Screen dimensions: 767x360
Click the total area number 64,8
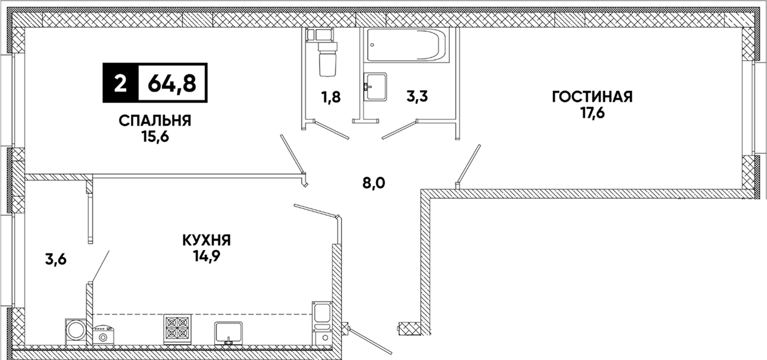click(x=172, y=83)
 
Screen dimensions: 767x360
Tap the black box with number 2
click(x=120, y=83)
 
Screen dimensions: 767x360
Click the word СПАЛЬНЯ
click(x=155, y=121)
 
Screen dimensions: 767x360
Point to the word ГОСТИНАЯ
click(x=592, y=97)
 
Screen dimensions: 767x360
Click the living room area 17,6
click(x=592, y=113)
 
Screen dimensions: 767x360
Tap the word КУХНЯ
click(x=207, y=240)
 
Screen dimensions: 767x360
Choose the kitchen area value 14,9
click(x=206, y=256)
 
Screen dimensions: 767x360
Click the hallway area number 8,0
click(x=374, y=183)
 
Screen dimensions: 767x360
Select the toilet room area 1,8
click(x=331, y=97)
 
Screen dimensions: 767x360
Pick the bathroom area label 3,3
click(x=417, y=96)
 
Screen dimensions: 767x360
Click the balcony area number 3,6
click(x=55, y=259)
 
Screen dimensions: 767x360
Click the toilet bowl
click(x=327, y=58)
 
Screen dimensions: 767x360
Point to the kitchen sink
click(x=229, y=333)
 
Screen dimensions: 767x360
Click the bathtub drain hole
click(x=373, y=44)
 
